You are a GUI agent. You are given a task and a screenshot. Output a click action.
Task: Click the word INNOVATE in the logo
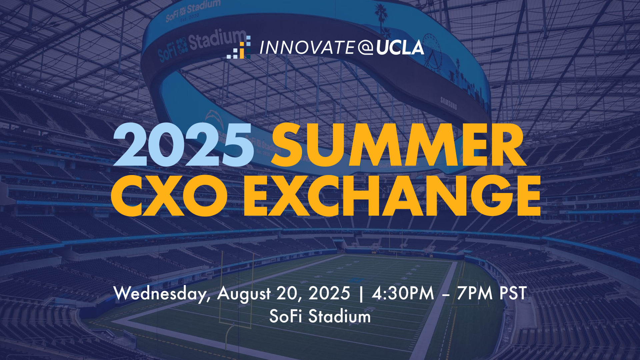tap(307, 48)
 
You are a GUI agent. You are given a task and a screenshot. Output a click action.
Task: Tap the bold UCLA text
tap(400, 48)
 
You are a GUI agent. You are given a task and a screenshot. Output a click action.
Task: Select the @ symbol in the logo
tap(365, 48)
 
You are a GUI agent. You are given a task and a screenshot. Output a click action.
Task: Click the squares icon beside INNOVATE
tap(239, 47)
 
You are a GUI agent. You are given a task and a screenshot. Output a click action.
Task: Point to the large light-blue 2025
tap(183, 145)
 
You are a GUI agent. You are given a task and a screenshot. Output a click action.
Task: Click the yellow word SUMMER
tap(399, 145)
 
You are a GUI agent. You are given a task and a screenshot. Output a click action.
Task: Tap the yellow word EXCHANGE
tap(392, 196)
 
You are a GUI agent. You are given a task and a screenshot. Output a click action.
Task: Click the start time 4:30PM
tap(403, 293)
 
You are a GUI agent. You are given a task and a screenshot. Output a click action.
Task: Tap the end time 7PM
tap(475, 293)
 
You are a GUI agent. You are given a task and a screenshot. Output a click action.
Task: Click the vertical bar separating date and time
tap(361, 294)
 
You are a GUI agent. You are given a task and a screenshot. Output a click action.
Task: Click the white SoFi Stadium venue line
tap(320, 316)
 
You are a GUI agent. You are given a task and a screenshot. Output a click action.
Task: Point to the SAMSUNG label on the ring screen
tap(449, 103)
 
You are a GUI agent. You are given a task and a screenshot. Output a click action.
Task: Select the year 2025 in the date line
tap(329, 293)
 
